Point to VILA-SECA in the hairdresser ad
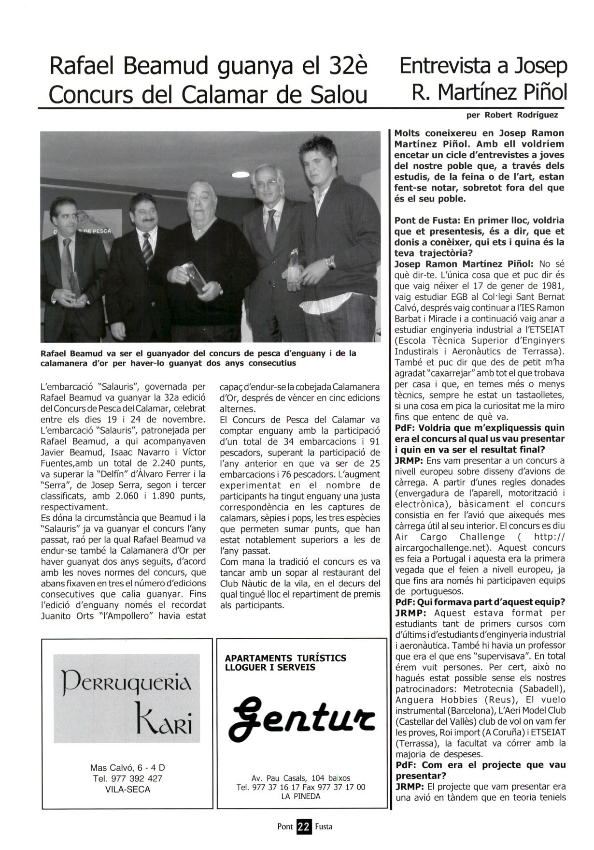[127, 789]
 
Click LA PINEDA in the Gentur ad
[300, 796]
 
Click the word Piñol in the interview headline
[544, 92]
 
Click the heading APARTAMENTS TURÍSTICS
[285, 658]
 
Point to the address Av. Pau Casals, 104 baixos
[301, 778]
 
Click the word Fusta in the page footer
[324, 826]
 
